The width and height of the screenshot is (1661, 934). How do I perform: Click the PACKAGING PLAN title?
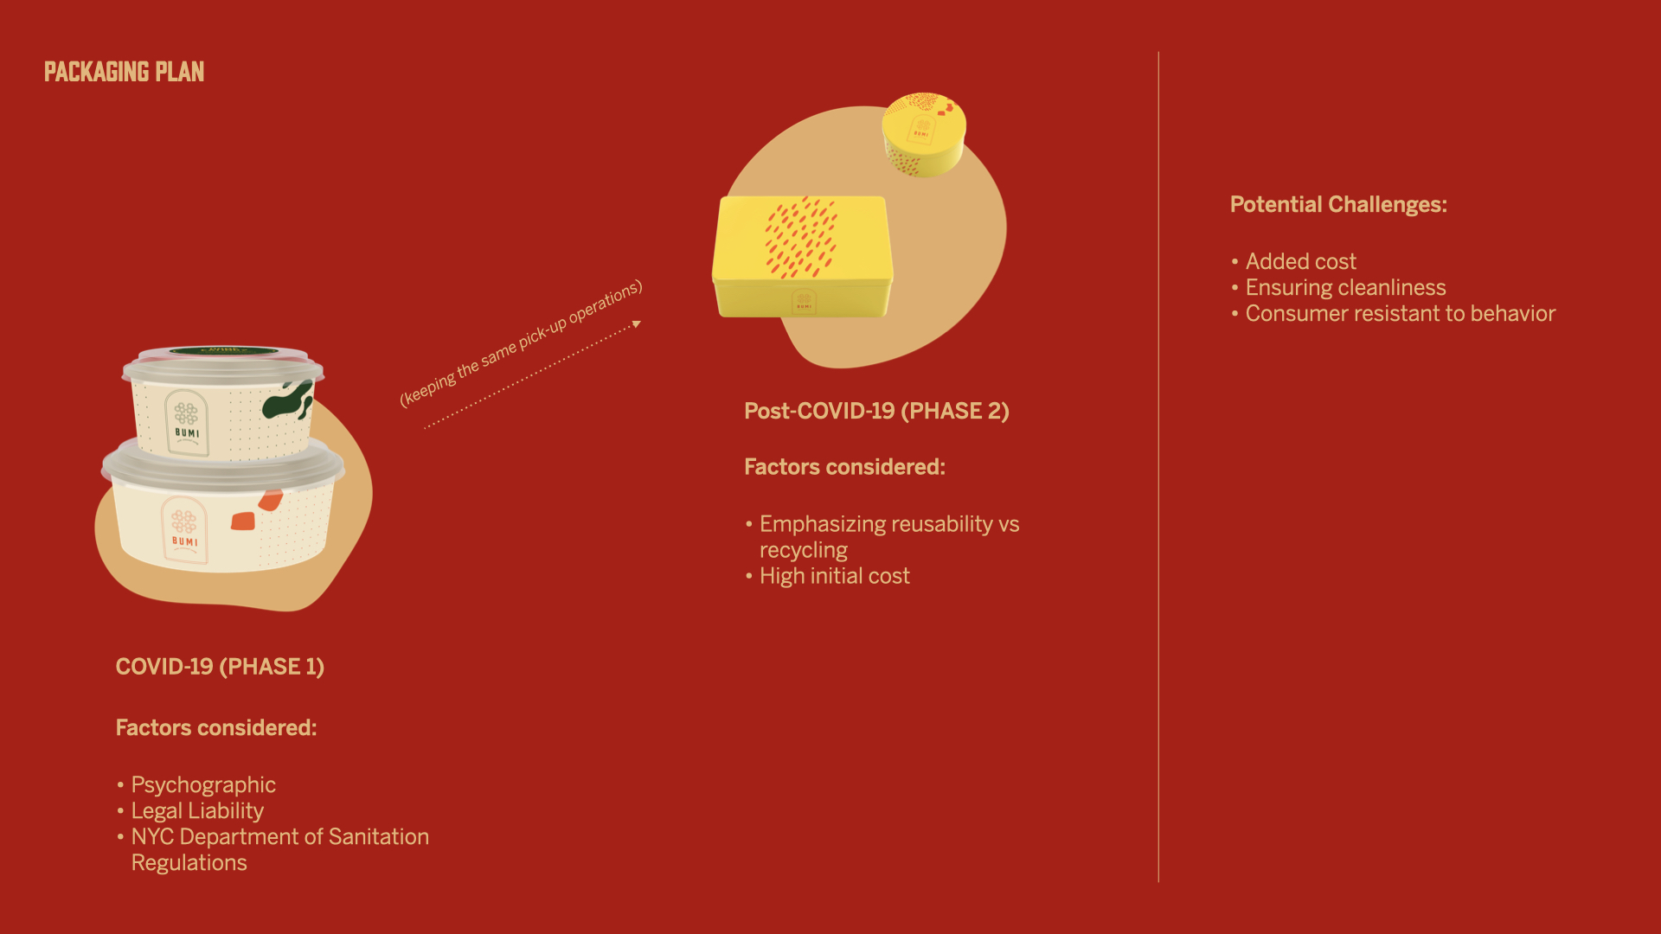(124, 72)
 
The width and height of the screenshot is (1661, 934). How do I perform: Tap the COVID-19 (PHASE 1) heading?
(220, 667)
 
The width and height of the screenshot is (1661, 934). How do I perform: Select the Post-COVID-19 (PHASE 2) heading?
(876, 411)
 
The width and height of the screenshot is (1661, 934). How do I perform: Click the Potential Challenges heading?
(1338, 204)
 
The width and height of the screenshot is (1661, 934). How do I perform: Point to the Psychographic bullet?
(203, 785)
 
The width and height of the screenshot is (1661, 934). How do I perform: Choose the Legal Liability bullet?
(197, 811)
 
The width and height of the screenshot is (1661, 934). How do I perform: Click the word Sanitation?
(379, 836)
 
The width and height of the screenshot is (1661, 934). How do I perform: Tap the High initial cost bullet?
(835, 576)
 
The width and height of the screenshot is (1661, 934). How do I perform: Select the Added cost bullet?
(1301, 261)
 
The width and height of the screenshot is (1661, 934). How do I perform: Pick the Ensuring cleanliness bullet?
(1346, 287)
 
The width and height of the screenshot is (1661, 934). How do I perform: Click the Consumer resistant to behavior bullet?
(1401, 313)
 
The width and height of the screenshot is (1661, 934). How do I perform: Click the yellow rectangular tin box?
(803, 256)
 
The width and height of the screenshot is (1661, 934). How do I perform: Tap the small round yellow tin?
(924, 134)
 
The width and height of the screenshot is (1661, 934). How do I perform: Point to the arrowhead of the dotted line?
(637, 324)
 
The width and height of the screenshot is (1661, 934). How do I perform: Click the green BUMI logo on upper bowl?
(187, 422)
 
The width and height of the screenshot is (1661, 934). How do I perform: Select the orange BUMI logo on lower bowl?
(184, 530)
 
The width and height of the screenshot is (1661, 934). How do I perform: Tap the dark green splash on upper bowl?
(288, 400)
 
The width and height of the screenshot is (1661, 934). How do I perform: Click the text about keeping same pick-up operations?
(521, 342)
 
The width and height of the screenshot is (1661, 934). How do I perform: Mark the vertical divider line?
(1158, 467)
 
